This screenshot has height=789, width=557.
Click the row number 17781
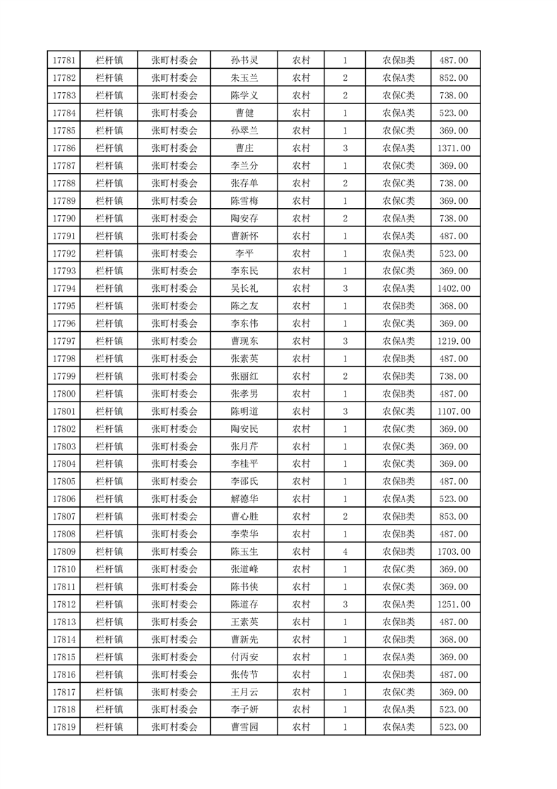pos(64,60)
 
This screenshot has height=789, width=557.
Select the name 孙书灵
pos(244,60)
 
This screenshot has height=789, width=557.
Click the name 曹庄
pos(244,148)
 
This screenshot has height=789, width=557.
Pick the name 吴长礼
pos(244,288)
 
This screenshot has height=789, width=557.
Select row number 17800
pos(64,394)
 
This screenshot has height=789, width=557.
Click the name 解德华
pos(244,499)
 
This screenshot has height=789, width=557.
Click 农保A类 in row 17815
pos(398,657)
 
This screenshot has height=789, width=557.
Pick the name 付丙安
pos(244,657)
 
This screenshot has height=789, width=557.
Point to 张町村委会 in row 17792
pos(175,254)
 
